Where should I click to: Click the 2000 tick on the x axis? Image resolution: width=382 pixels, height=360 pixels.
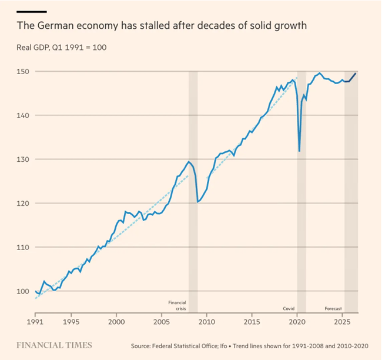tap(116, 323)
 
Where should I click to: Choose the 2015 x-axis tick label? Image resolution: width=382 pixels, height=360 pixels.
tap(252, 323)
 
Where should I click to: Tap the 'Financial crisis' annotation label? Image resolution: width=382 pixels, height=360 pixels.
tap(177, 305)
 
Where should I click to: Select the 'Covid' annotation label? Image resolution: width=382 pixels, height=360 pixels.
tap(289, 308)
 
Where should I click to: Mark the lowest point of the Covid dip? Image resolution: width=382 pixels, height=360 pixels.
tap(300, 151)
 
